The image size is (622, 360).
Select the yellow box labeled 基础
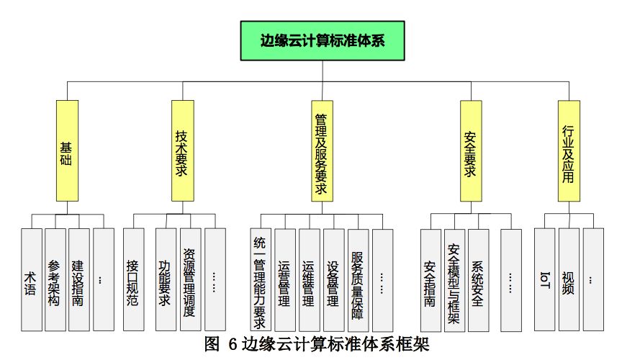click(67, 150)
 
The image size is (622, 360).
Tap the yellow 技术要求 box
click(183, 150)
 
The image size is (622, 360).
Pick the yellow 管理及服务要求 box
click(322, 150)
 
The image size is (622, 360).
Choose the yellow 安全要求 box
click(470, 150)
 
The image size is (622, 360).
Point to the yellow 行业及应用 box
click(569, 150)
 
